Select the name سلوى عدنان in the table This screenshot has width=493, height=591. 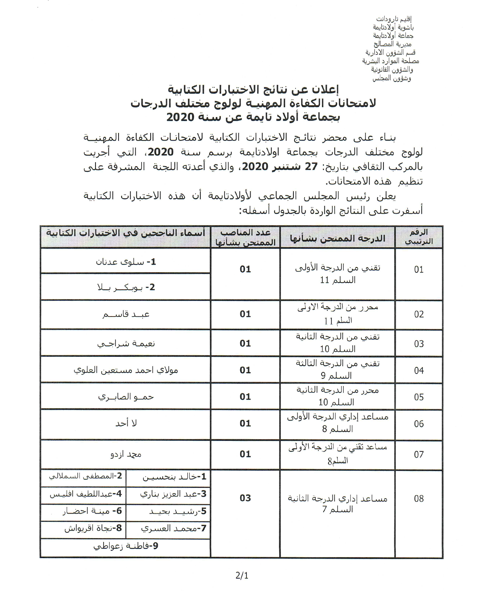pos(126,262)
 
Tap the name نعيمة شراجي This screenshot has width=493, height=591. pos(126,343)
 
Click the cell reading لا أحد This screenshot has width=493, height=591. pos(126,423)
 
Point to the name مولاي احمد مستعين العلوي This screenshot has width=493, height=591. pos(126,370)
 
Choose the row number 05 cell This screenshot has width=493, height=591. pos(419,397)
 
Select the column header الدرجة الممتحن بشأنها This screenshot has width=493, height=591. pos(337,238)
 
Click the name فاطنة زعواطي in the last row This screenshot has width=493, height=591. pos(126,546)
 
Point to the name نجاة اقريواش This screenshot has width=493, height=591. pos(93,528)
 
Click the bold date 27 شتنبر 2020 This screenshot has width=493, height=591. pos(280,167)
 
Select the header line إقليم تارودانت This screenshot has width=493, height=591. pos(394,19)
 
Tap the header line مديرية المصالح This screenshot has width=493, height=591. pos(393,44)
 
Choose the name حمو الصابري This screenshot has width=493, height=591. pos(126,396)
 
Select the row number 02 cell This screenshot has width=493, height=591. pos(419,314)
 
